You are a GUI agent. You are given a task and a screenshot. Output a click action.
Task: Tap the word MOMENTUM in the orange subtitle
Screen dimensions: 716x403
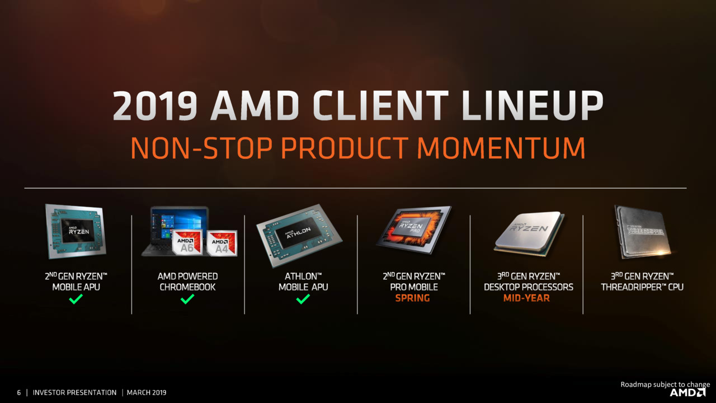coord(501,148)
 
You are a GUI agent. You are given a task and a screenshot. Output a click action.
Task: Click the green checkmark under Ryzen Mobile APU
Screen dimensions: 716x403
coord(76,299)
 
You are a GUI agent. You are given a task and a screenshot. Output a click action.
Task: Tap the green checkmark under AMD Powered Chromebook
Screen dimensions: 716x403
coord(187,299)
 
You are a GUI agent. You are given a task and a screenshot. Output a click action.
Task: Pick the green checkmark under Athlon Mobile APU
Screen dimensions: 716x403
coord(303,299)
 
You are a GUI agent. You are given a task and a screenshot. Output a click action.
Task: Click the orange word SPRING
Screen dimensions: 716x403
coord(412,298)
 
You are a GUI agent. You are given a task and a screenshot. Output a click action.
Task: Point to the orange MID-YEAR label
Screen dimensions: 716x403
coord(526,298)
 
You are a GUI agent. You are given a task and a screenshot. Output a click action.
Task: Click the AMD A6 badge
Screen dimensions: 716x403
coord(187,242)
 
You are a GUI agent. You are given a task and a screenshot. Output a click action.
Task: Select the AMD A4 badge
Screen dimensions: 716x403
coord(222,243)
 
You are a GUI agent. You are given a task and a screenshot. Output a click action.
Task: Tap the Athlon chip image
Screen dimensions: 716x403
coord(299,236)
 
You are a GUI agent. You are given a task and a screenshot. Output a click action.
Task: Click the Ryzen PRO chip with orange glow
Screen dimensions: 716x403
coord(414,229)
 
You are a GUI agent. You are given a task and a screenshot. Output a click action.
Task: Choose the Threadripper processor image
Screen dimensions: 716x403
coord(643,232)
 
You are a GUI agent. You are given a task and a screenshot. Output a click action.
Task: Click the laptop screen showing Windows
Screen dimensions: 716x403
coord(180,225)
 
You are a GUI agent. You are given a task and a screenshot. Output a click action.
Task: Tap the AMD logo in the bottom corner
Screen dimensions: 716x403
coord(687,392)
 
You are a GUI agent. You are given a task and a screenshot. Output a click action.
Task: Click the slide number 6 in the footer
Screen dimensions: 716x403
coord(19,392)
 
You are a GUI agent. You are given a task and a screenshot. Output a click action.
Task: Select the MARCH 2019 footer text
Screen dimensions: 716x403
coord(147,392)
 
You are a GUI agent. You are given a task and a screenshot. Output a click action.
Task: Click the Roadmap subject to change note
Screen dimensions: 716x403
coord(665,384)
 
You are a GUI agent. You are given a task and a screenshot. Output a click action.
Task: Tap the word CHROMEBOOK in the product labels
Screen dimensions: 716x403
coord(187,287)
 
